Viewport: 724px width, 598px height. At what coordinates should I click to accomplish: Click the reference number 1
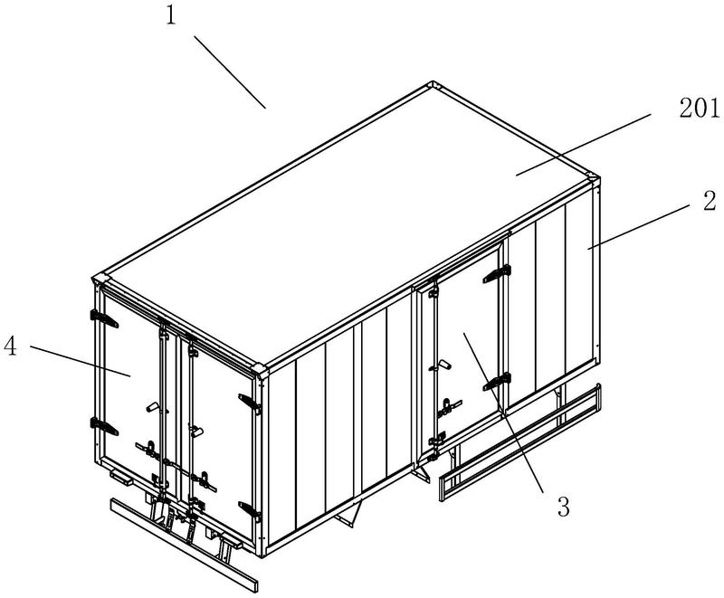[171, 16]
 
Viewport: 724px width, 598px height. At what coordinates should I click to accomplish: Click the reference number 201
[699, 109]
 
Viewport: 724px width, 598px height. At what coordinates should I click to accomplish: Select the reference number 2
[710, 201]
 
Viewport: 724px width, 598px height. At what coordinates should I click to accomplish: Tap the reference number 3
[563, 507]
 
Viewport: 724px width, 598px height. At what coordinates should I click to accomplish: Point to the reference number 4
[10, 346]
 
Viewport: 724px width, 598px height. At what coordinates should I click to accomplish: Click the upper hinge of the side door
[497, 274]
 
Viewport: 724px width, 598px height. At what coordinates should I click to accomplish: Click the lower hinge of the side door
[497, 382]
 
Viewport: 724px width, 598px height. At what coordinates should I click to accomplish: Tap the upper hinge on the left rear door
[104, 318]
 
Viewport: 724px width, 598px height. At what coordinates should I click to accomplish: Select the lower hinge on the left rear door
[104, 426]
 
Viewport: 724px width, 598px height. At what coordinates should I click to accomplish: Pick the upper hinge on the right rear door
[250, 403]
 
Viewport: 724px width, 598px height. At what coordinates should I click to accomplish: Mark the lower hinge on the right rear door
[250, 511]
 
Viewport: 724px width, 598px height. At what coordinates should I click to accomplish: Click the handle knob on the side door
[445, 365]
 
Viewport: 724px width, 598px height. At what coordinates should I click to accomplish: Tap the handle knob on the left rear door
[153, 407]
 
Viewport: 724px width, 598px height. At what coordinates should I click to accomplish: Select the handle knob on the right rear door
[197, 432]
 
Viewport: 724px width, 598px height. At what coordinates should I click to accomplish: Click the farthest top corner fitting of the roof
[433, 86]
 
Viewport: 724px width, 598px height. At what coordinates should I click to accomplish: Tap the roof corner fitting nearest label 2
[593, 177]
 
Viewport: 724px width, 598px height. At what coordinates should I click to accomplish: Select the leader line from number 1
[230, 72]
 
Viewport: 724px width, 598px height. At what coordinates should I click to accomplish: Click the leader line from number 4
[81, 361]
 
